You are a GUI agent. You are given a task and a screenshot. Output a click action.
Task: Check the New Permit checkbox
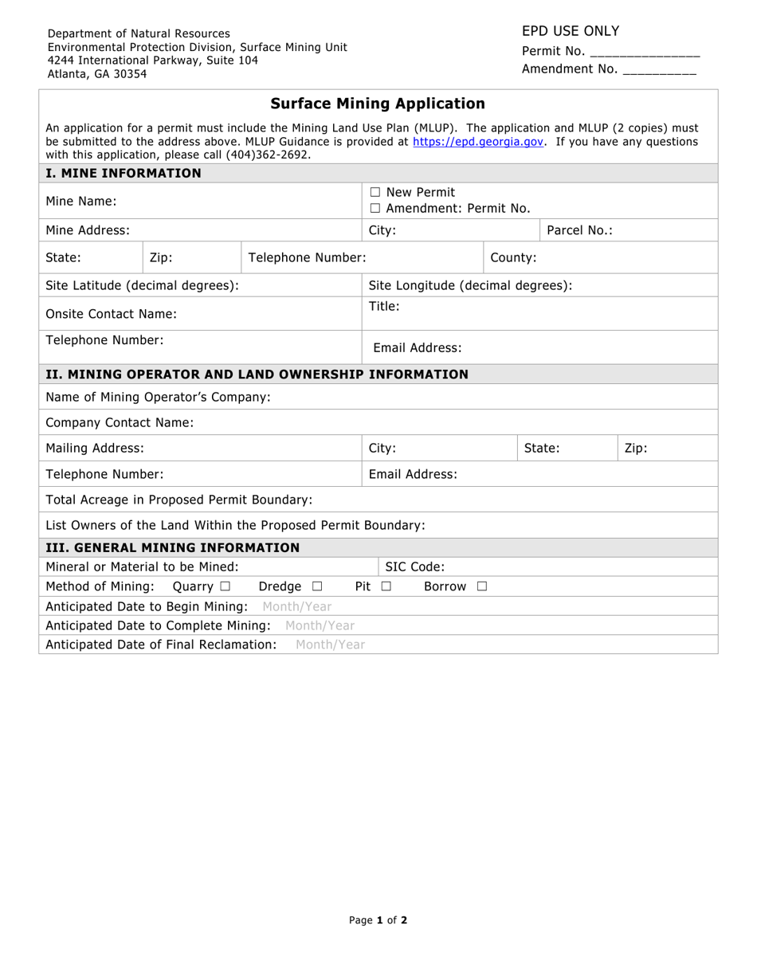click(375, 192)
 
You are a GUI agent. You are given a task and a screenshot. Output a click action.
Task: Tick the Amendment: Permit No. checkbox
click(375, 209)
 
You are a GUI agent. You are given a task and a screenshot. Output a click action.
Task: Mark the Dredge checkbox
click(317, 586)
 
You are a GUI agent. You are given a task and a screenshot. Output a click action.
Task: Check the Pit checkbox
click(386, 586)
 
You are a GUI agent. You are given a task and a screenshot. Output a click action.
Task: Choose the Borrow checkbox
click(481, 586)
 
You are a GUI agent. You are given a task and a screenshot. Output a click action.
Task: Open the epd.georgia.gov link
click(478, 142)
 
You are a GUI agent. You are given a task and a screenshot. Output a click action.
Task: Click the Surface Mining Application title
click(378, 104)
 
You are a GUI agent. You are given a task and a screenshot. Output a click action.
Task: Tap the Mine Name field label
click(81, 201)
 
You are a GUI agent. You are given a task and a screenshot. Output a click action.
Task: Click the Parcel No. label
click(579, 230)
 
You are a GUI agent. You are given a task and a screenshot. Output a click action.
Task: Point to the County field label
click(513, 257)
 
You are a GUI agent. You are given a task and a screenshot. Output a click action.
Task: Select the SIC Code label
click(415, 567)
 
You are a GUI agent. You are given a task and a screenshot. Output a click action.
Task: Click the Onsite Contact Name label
click(112, 314)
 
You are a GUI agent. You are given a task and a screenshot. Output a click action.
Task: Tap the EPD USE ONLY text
click(571, 31)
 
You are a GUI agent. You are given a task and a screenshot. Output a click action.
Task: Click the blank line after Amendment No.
click(659, 70)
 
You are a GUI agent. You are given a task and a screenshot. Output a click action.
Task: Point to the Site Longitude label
click(470, 285)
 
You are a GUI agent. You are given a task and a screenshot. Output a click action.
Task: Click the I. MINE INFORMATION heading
click(124, 173)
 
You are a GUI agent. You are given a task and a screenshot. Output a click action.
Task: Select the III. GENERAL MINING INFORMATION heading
click(173, 547)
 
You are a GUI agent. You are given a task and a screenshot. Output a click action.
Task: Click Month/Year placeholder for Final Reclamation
click(330, 645)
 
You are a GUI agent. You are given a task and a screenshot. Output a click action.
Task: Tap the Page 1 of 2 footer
click(378, 920)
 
